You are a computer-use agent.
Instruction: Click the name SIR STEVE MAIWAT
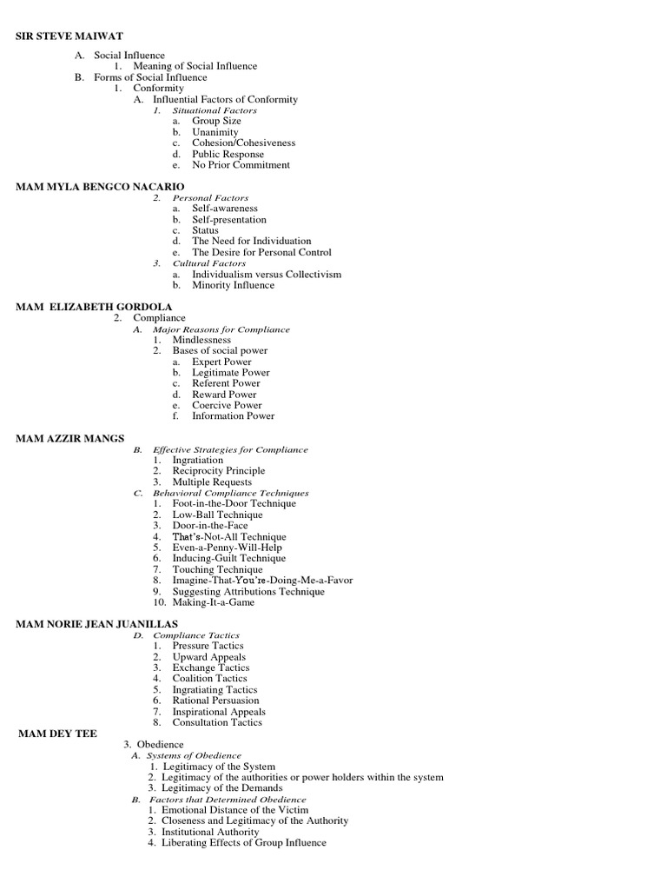(x=69, y=36)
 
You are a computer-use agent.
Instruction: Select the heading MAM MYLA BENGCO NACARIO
(x=101, y=187)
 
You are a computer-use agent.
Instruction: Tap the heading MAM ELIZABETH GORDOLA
(x=94, y=307)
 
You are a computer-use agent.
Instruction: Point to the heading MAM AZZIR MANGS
(x=70, y=438)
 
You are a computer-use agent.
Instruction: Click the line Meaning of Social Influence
(x=195, y=66)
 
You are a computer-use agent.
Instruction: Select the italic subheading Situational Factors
(x=215, y=110)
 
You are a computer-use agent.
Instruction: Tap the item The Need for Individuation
(x=251, y=241)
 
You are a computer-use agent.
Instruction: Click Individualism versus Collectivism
(x=267, y=274)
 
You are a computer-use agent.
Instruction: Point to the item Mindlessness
(x=201, y=340)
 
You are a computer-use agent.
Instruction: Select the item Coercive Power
(x=227, y=405)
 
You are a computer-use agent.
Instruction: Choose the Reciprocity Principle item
(x=219, y=471)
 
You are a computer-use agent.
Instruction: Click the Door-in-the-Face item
(x=210, y=526)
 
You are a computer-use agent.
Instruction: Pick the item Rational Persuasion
(x=215, y=701)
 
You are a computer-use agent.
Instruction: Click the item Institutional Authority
(x=210, y=832)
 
